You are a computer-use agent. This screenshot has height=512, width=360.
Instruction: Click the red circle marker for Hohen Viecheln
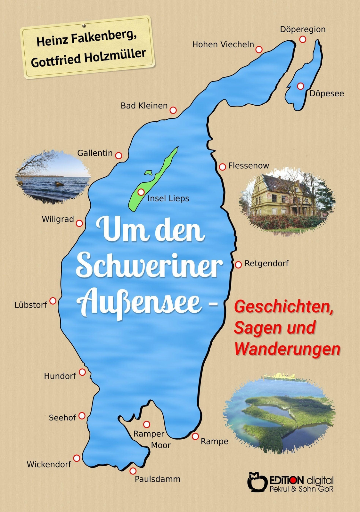[x=259, y=49]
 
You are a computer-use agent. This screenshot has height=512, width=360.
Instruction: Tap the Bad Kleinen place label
[x=144, y=106]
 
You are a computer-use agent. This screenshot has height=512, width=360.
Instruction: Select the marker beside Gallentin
[x=119, y=156]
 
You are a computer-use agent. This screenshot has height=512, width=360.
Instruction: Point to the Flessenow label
[x=249, y=166]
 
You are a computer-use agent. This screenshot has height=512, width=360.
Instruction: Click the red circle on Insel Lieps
[x=141, y=192]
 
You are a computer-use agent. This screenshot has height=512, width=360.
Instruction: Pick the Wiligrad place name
[x=58, y=220]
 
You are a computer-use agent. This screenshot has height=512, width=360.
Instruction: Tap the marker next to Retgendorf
[x=238, y=265]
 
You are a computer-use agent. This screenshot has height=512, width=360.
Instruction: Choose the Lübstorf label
[x=31, y=305]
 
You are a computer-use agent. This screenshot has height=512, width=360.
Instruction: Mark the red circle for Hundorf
[x=82, y=372]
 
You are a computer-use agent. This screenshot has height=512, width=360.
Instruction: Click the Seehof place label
[x=62, y=418]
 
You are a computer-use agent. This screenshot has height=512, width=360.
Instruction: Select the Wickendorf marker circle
[x=77, y=458]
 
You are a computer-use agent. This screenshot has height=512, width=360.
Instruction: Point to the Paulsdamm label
[x=158, y=479]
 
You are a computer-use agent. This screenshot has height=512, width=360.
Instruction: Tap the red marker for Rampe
[x=195, y=436]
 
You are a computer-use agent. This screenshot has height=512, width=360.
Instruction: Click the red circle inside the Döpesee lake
[x=300, y=86]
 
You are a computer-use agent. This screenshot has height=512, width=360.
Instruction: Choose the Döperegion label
[x=303, y=29]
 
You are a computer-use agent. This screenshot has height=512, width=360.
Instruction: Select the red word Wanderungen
[x=287, y=349]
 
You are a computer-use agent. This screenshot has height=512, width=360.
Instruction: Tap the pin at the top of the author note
[x=84, y=25]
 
